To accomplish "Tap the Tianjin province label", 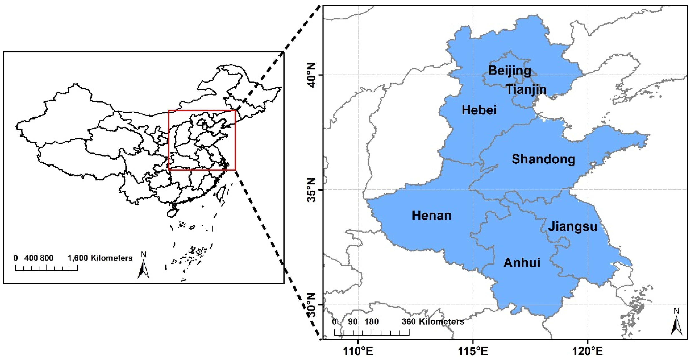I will (x=526, y=89).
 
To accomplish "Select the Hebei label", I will (x=479, y=110).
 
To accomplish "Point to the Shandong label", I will (x=543, y=159).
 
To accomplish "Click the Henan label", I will (x=431, y=216).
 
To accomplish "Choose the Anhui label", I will (x=522, y=263).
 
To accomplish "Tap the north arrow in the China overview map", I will (x=143, y=266).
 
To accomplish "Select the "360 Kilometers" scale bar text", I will (x=433, y=322).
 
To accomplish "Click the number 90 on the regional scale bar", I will (x=353, y=322).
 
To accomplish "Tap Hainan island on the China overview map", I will (x=172, y=213).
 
